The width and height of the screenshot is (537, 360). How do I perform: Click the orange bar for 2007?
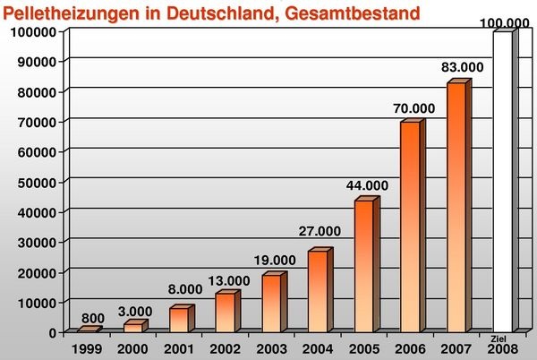pyautogui.click(x=456, y=206)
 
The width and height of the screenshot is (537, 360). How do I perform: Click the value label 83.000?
pyautogui.click(x=462, y=67)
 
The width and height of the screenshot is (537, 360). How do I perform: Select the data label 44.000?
pyautogui.click(x=367, y=185)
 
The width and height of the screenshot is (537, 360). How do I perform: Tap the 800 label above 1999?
pyautogui.click(x=93, y=317)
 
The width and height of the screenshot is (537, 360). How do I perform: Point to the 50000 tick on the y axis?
pyautogui.click(x=34, y=182)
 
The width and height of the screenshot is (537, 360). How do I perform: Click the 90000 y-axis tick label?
pyautogui.click(x=34, y=61)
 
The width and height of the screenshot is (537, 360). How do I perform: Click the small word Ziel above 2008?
pyautogui.click(x=499, y=338)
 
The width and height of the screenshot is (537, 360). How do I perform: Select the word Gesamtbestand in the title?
pyautogui.click(x=295, y=12)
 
